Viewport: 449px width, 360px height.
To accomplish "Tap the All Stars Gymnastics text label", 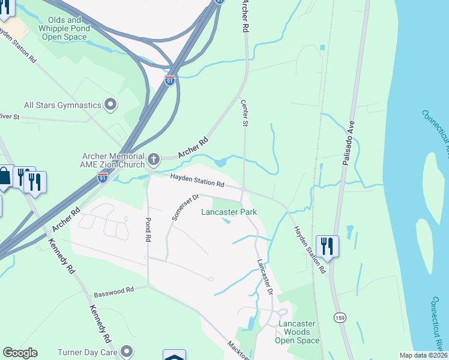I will pos(62,105).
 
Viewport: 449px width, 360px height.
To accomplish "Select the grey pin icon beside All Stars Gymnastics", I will pos(110,105).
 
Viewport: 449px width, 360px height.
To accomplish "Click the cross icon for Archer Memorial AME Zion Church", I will pos(154,160).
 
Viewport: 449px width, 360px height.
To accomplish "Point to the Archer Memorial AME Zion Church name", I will pos(112,160).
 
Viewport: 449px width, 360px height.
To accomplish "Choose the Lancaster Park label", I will pos(229,212).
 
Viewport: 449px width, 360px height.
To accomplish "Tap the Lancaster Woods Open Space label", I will pos(298,332).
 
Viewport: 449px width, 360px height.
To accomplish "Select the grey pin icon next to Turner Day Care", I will pos(127,350).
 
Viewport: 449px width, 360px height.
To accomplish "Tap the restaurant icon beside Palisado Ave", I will pos(327,245).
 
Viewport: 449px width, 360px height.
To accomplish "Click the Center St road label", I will pos(245,113).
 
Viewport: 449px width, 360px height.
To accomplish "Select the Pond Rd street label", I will pos(148,229).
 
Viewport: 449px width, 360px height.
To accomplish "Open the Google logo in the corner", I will pos(20,353).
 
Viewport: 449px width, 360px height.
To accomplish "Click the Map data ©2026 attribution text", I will pos(423,355).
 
